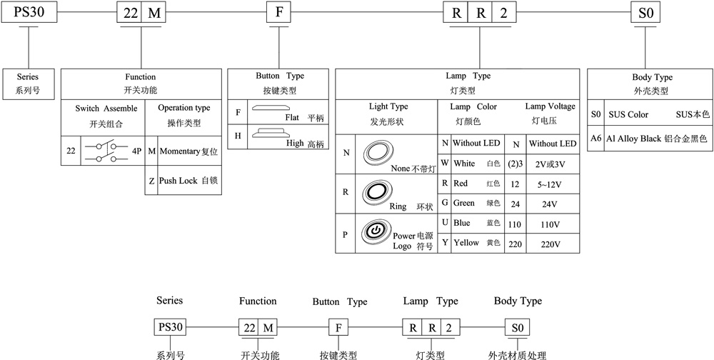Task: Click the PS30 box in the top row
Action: [28, 12]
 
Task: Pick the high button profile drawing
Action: [272, 131]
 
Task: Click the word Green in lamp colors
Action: [464, 204]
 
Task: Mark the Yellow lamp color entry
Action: [466, 243]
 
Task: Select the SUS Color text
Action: [628, 114]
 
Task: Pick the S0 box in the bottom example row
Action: [518, 328]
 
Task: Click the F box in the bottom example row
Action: [338, 328]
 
